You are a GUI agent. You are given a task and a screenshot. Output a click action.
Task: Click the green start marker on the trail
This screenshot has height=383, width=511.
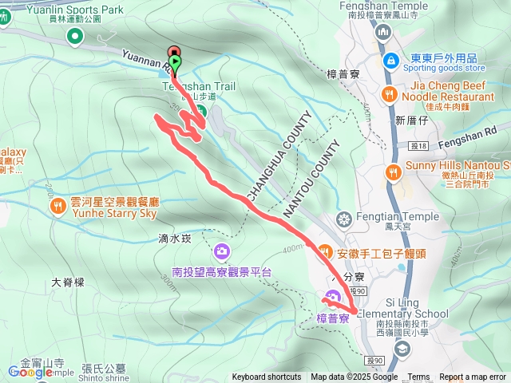pyautogui.click(x=175, y=62)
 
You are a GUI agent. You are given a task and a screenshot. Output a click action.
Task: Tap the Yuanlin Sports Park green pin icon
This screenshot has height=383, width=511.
pyautogui.click(x=75, y=35)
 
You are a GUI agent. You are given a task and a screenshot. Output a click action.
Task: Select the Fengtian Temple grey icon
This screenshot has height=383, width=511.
pyautogui.click(x=344, y=218)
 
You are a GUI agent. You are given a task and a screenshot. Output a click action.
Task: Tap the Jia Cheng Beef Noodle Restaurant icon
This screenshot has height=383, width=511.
pyautogui.click(x=390, y=94)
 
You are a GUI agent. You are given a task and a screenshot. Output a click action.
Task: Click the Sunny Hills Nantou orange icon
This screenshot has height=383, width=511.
pyautogui.click(x=393, y=172)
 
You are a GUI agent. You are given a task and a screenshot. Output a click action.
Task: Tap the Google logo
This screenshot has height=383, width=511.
pyautogui.click(x=30, y=371)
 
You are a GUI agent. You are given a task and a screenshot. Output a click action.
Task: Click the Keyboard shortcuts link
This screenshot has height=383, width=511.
pyautogui.click(x=267, y=377)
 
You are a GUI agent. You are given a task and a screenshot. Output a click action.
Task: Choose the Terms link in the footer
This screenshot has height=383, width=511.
pyautogui.click(x=418, y=377)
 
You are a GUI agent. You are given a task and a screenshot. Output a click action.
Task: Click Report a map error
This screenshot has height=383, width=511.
pyautogui.click(x=473, y=377)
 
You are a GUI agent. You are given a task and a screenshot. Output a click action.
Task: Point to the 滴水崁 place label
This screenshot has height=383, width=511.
pyautogui.click(x=174, y=238)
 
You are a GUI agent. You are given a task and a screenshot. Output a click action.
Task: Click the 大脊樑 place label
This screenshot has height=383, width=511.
pyautogui.click(x=67, y=282)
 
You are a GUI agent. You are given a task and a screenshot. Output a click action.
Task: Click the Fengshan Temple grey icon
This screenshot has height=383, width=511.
pyautogui.click(x=382, y=31)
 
